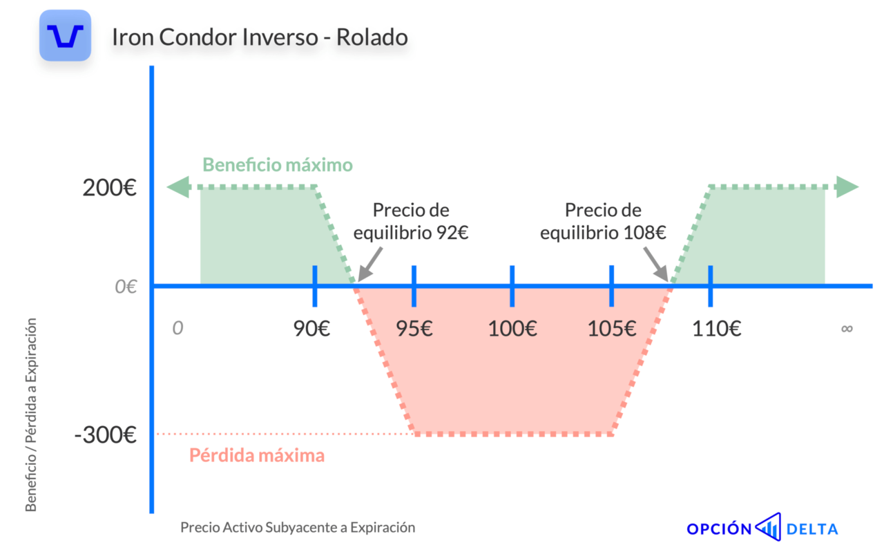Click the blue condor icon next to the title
point(65,35)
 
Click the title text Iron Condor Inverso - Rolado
point(260,37)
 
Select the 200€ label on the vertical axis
point(109,187)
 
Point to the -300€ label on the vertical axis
point(106,435)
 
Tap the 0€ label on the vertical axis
point(126,287)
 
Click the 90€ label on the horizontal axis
point(311,328)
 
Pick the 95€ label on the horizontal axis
point(414,328)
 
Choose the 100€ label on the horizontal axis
point(512,328)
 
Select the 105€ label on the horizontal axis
point(612,328)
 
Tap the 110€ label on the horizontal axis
point(717,328)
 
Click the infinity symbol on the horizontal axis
point(847,328)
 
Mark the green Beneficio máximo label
point(278,165)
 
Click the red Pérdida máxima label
point(257,455)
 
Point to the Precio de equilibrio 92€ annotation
point(411,222)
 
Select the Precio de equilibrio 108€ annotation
point(603,222)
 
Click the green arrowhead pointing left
point(179,187)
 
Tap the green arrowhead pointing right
point(847,187)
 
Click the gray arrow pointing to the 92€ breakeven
point(369,265)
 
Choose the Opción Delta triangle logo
point(769,527)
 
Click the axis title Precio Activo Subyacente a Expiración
point(298,528)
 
